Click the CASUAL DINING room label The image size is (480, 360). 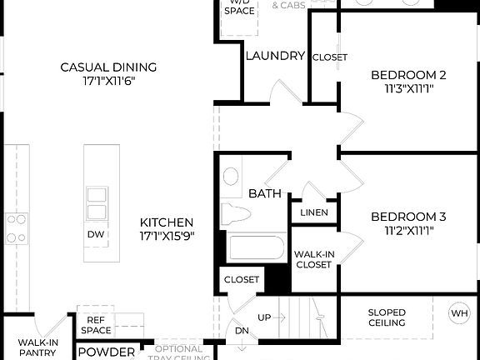pyautogui.click(x=108, y=67)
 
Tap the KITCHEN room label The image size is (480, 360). pyautogui.click(x=167, y=222)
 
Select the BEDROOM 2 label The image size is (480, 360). pyautogui.click(x=408, y=75)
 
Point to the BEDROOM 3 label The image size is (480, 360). pyautogui.click(x=408, y=217)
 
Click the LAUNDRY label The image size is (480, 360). pyautogui.click(x=275, y=56)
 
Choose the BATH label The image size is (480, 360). pyautogui.click(x=265, y=193)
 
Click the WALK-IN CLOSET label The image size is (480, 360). pyautogui.click(x=313, y=258)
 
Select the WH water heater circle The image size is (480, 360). pyautogui.click(x=459, y=313)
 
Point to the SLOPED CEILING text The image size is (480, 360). pyautogui.click(x=387, y=317)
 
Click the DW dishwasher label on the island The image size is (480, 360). pyautogui.click(x=96, y=234)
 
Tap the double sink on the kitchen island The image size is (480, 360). pyautogui.click(x=96, y=203)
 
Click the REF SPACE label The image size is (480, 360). pyautogui.click(x=96, y=325)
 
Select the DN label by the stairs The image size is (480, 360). pyautogui.click(x=242, y=331)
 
